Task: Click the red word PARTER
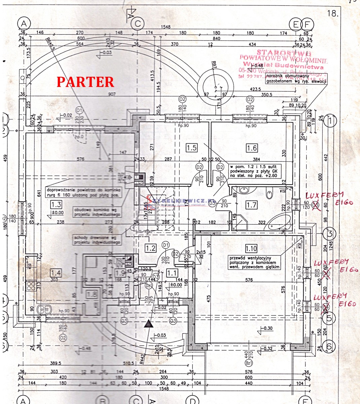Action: pyautogui.click(x=85, y=82)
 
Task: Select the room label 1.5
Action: pyautogui.click(x=191, y=147)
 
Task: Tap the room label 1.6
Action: pyautogui.click(x=252, y=147)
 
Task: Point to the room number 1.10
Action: pyautogui.click(x=251, y=249)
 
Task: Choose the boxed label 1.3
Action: pyautogui.click(x=56, y=204)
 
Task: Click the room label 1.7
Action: pyautogui.click(x=251, y=204)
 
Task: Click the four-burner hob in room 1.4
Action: pyautogui.click(x=31, y=286)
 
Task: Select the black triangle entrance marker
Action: pyautogui.click(x=148, y=324)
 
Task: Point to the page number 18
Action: pyautogui.click(x=332, y=13)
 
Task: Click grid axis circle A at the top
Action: pyautogui.click(x=24, y=24)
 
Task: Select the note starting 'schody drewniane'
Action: pyautogui.click(x=98, y=240)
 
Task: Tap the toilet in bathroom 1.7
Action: pyautogui.click(x=269, y=194)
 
